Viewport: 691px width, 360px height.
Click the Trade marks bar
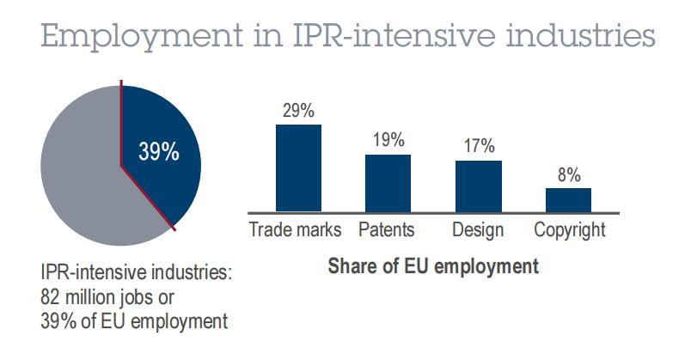pos(297,168)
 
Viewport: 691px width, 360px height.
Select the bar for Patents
pos(388,182)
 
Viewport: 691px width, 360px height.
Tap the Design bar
pos(478,186)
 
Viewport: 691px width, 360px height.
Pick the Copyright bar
pos(568,199)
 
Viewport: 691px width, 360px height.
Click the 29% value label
pos(297,111)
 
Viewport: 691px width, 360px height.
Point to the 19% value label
pos(388,141)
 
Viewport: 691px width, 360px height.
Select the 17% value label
pos(478,147)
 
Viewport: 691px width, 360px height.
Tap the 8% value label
pos(568,174)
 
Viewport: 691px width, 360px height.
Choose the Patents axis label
pos(387,230)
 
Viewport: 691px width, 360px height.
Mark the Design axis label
pos(477,230)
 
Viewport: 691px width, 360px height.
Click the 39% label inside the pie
pos(159,152)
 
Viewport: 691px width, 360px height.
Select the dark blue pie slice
pos(168,185)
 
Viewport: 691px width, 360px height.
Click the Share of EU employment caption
pos(433,265)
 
